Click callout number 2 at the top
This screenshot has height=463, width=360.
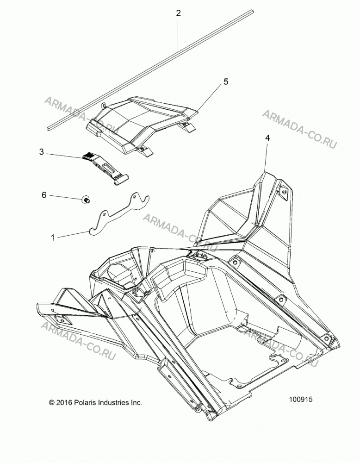tap(178, 13)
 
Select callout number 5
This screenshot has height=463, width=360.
tap(226, 81)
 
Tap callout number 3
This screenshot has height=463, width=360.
tap(41, 152)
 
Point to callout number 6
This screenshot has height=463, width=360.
tap(44, 195)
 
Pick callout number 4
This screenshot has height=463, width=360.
tap(267, 138)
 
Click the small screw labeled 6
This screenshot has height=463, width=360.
tap(87, 200)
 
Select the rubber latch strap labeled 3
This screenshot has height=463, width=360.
tap(106, 169)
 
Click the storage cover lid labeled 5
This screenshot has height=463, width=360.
tap(142, 124)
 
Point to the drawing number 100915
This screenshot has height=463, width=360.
tap(300, 400)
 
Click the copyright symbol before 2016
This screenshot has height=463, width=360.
tap(52, 402)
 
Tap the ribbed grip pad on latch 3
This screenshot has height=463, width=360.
tap(88, 156)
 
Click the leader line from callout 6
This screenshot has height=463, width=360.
tap(66, 197)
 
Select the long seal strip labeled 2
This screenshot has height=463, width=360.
tap(150, 70)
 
